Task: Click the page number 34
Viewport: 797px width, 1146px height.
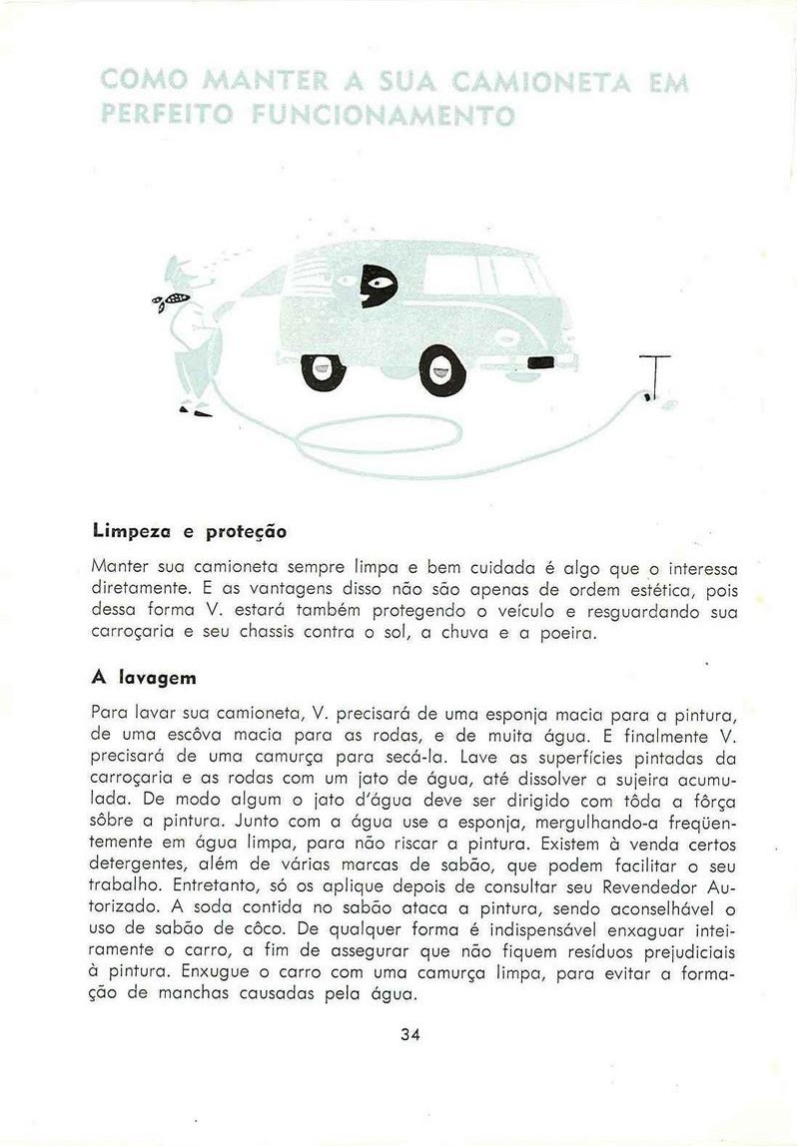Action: coord(409,1034)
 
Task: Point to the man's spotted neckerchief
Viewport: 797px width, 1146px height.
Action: coord(172,298)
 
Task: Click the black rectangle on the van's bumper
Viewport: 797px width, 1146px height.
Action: coord(540,361)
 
